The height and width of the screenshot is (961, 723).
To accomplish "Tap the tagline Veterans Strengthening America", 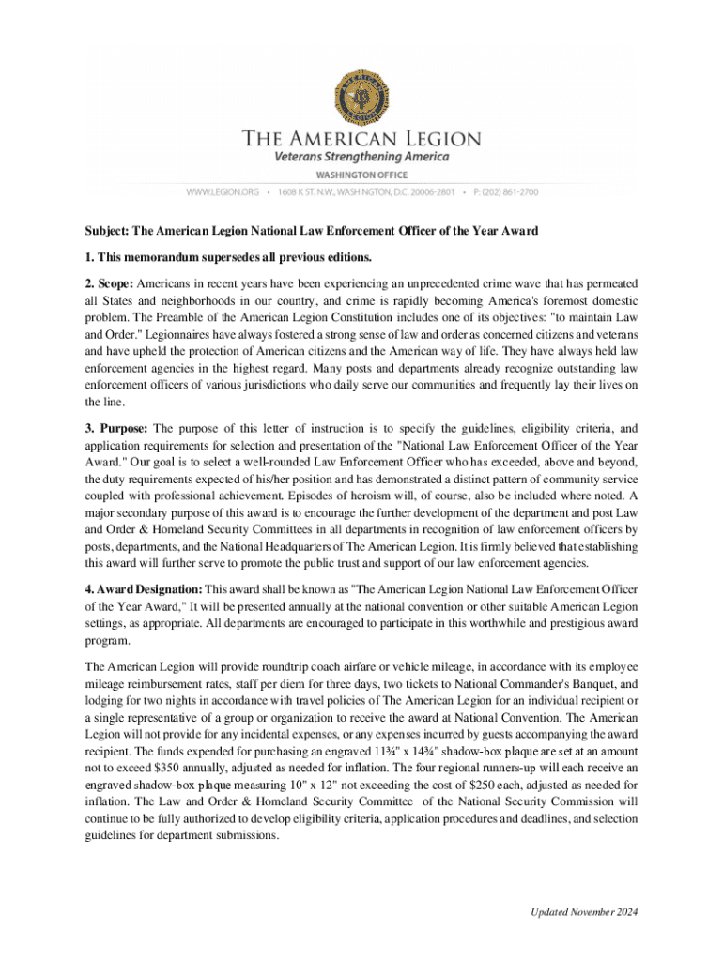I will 361,157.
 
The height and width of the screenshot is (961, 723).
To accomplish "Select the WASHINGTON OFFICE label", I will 361,175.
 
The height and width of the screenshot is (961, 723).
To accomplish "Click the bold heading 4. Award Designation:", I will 158,588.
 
